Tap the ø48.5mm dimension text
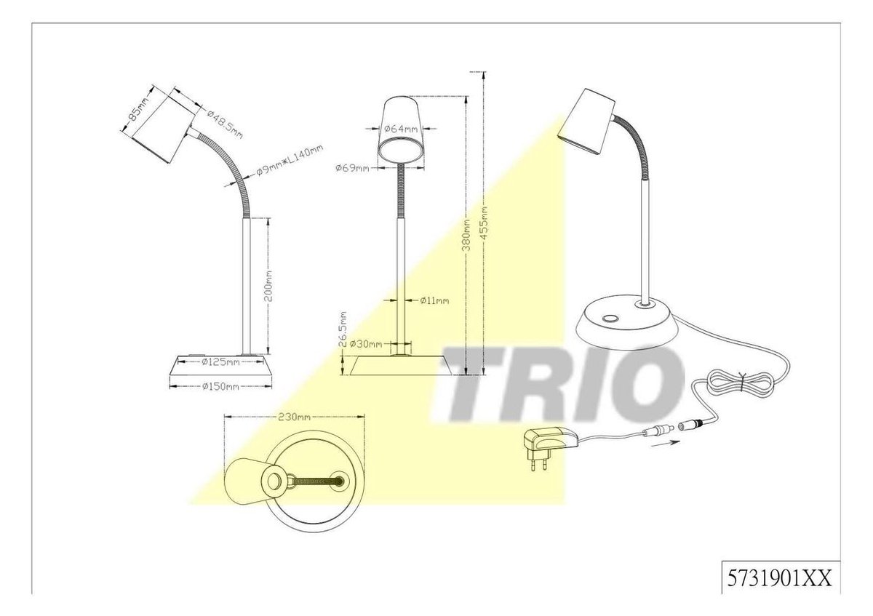(x=225, y=124)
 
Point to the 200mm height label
(x=268, y=286)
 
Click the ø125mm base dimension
(x=220, y=362)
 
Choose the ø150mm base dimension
(x=220, y=386)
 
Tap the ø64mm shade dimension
(x=401, y=129)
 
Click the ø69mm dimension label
(x=352, y=168)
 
